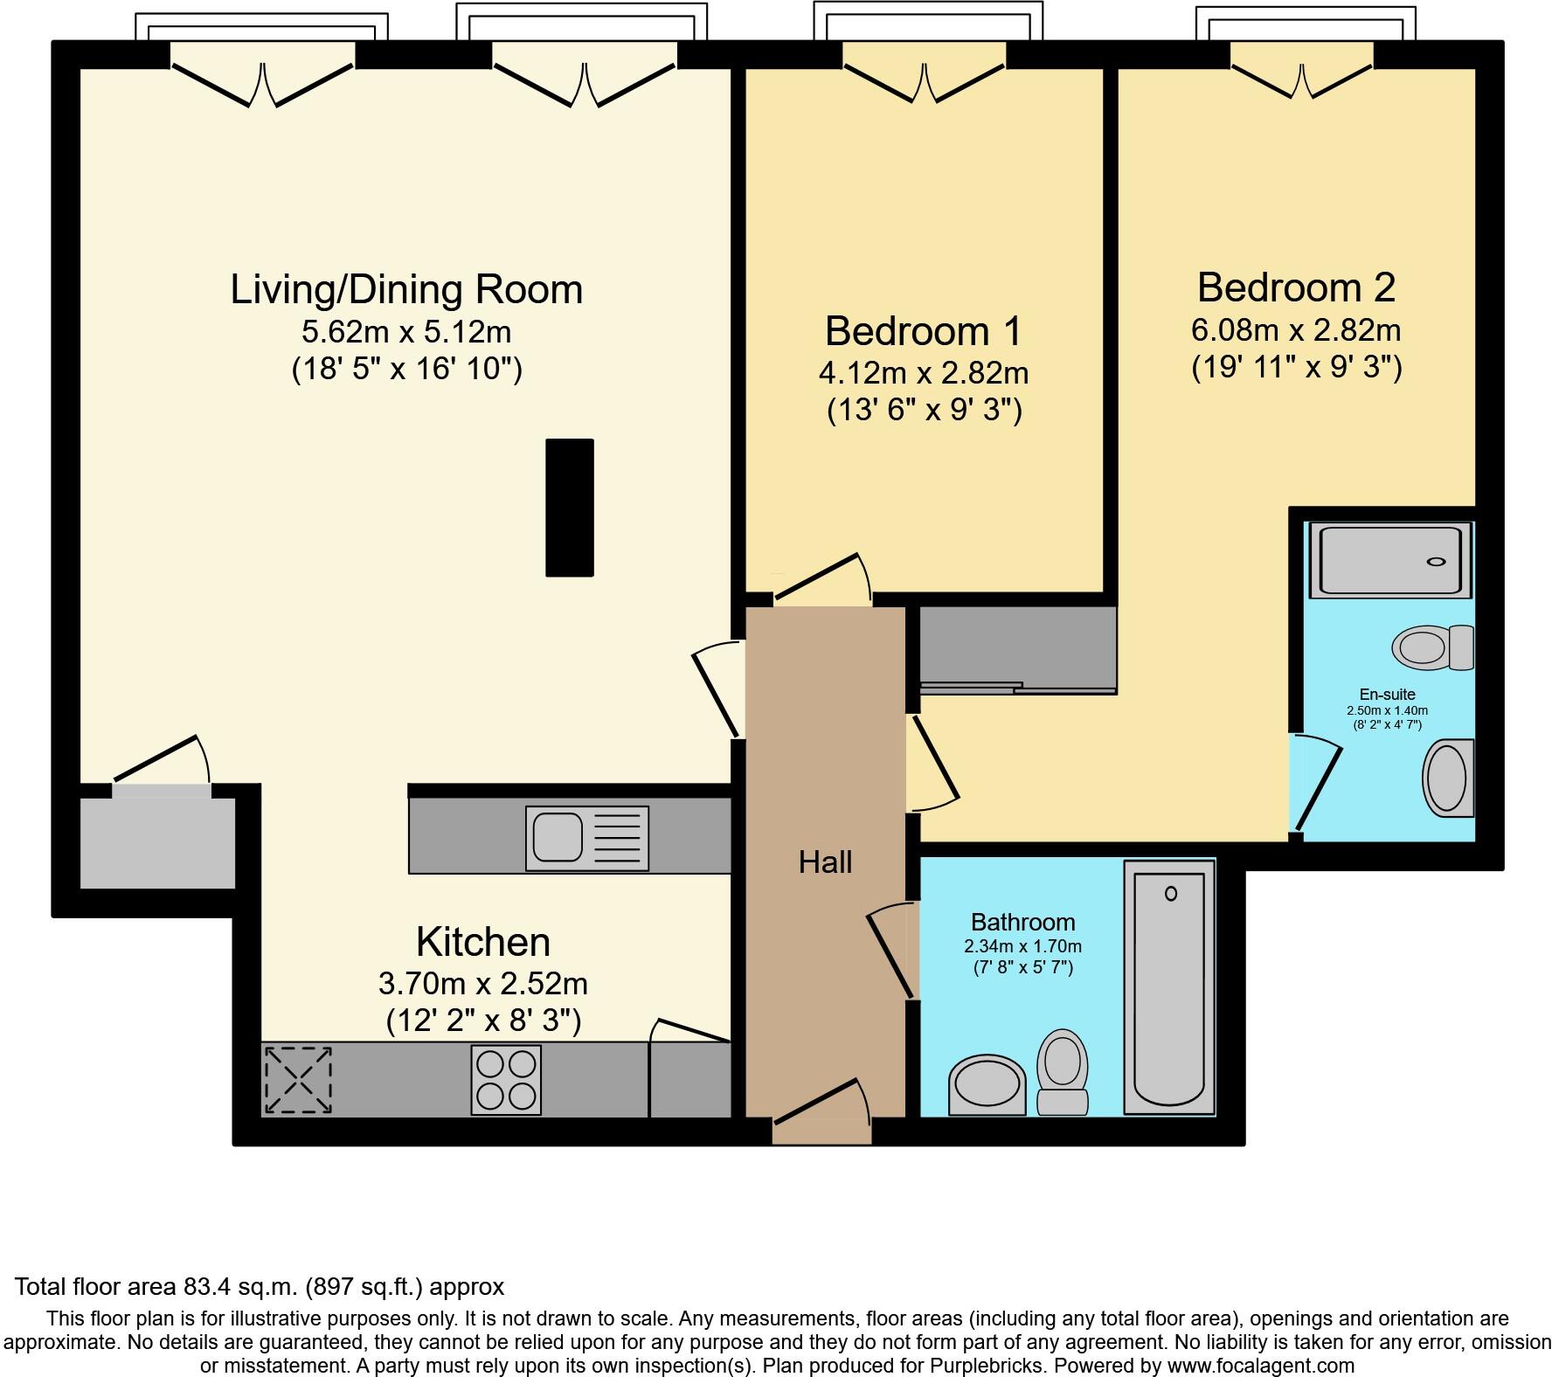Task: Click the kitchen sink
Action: tap(586, 838)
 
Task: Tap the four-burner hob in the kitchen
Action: tap(506, 1079)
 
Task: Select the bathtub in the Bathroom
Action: tap(1169, 987)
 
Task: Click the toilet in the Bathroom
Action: tap(1062, 1072)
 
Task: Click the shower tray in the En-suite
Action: tap(1396, 560)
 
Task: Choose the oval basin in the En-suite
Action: tap(1449, 778)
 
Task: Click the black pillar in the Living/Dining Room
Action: tap(570, 508)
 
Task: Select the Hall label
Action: tap(825, 862)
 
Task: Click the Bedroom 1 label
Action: tap(924, 331)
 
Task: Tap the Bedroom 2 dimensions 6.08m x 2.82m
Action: tap(1296, 330)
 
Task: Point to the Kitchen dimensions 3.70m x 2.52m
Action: tap(483, 984)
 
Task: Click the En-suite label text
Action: tap(1387, 695)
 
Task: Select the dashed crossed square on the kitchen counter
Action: tap(298, 1080)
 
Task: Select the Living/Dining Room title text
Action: tap(406, 289)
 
